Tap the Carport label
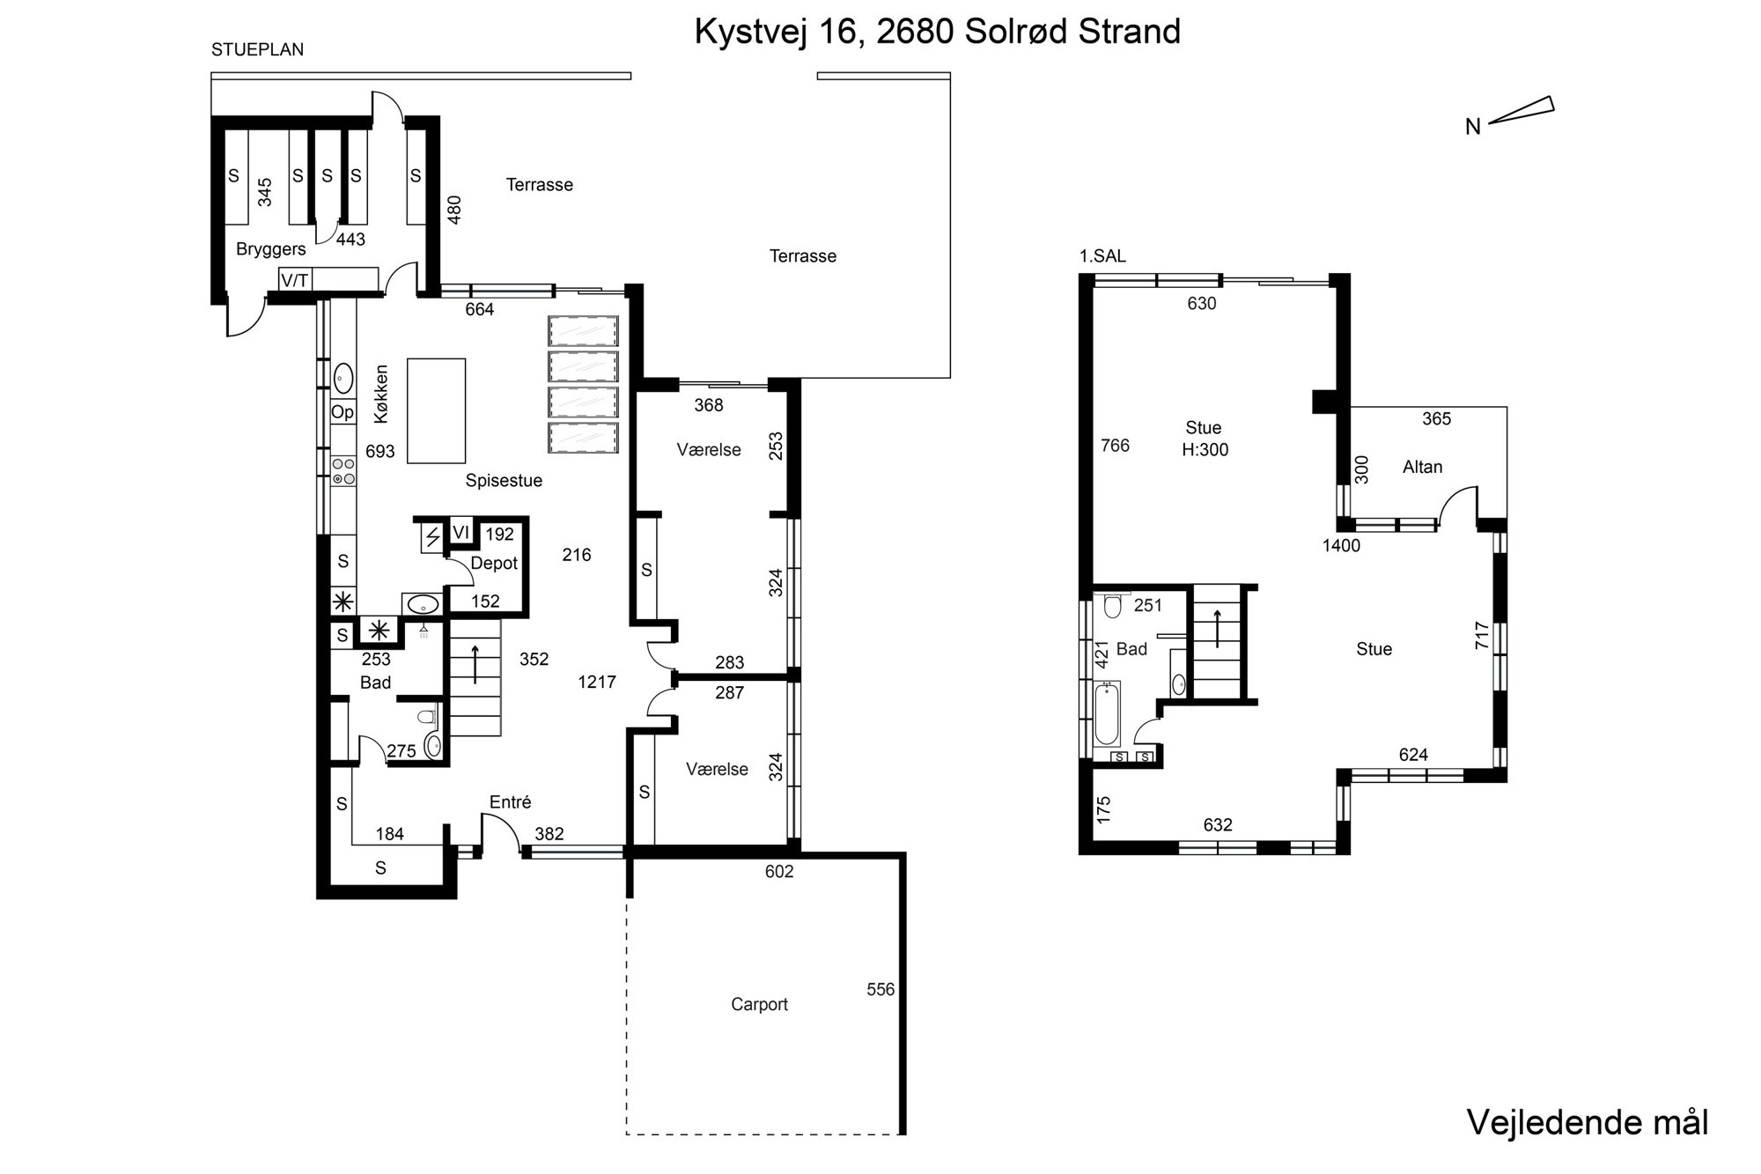[759, 1004]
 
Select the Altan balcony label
[1422, 467]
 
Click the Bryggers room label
[270, 249]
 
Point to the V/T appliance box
[295, 280]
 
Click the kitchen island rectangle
[437, 410]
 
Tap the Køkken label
[380, 394]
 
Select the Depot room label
[494, 564]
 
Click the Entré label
[511, 802]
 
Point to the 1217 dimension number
[597, 682]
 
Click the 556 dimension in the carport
[880, 989]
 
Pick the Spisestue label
[504, 481]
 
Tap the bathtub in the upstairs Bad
[1106, 713]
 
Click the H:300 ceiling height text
[1205, 449]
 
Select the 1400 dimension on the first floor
[1341, 545]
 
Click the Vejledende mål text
[1588, 1122]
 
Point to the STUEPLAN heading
[257, 50]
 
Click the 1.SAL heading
[1102, 256]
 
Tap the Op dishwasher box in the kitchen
[343, 412]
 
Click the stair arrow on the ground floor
[475, 665]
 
